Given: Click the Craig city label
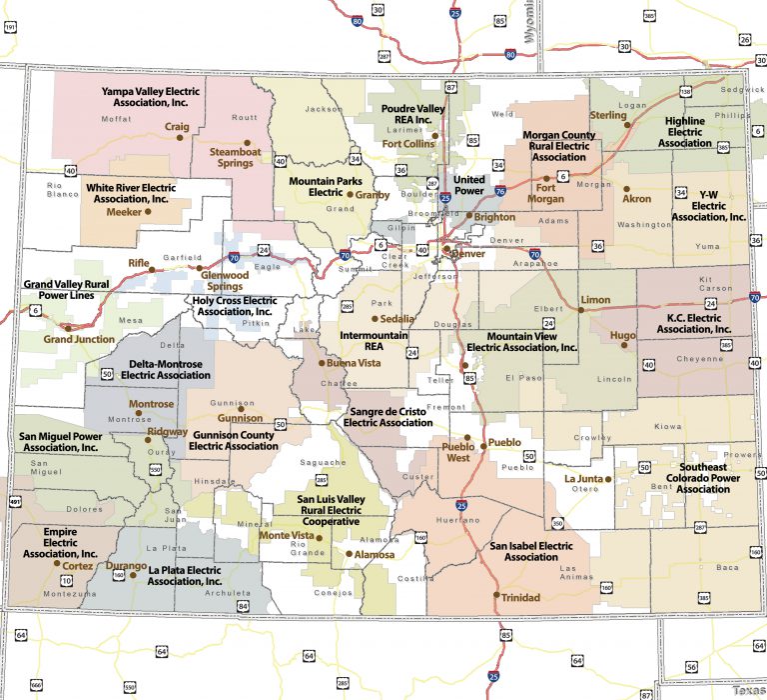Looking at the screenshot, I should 177,127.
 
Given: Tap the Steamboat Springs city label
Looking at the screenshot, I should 232,157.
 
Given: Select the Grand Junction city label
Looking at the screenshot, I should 79,339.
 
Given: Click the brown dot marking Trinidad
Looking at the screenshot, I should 495,595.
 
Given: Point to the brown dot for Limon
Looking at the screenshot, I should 581,311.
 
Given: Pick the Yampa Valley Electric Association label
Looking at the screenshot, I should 151,97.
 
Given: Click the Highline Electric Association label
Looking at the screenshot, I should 685,131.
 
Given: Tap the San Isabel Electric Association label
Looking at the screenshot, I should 530,552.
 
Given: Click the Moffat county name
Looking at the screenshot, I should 117,119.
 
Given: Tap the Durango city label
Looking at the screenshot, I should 127,566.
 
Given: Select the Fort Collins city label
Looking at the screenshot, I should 409,144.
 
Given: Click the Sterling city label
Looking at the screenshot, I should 608,115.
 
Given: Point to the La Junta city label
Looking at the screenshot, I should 584,478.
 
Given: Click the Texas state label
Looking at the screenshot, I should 748,690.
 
